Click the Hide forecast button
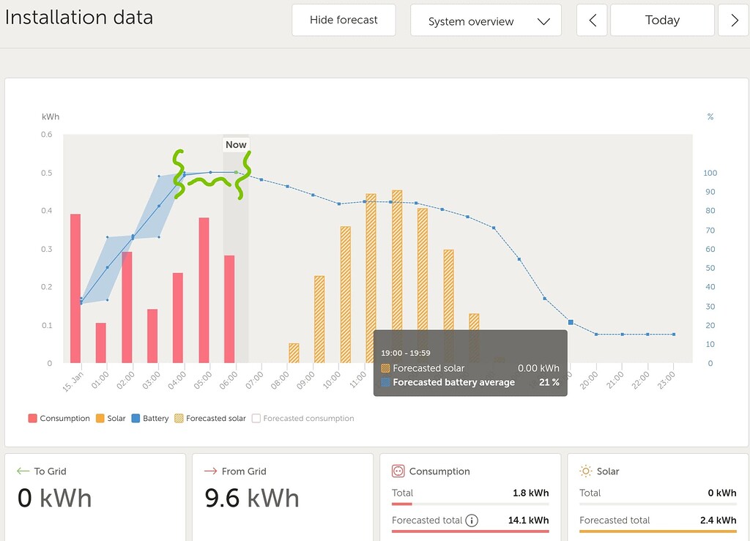pos(344,20)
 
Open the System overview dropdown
pos(486,20)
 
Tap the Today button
pos(661,20)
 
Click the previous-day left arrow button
pos(592,20)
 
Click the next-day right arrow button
pos(734,20)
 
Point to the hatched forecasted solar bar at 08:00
pos(294,353)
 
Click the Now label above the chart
pos(236,144)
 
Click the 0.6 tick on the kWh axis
pos(46,135)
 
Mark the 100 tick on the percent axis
pos(710,174)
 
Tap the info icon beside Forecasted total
pos(472,521)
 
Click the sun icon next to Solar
pos(586,471)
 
